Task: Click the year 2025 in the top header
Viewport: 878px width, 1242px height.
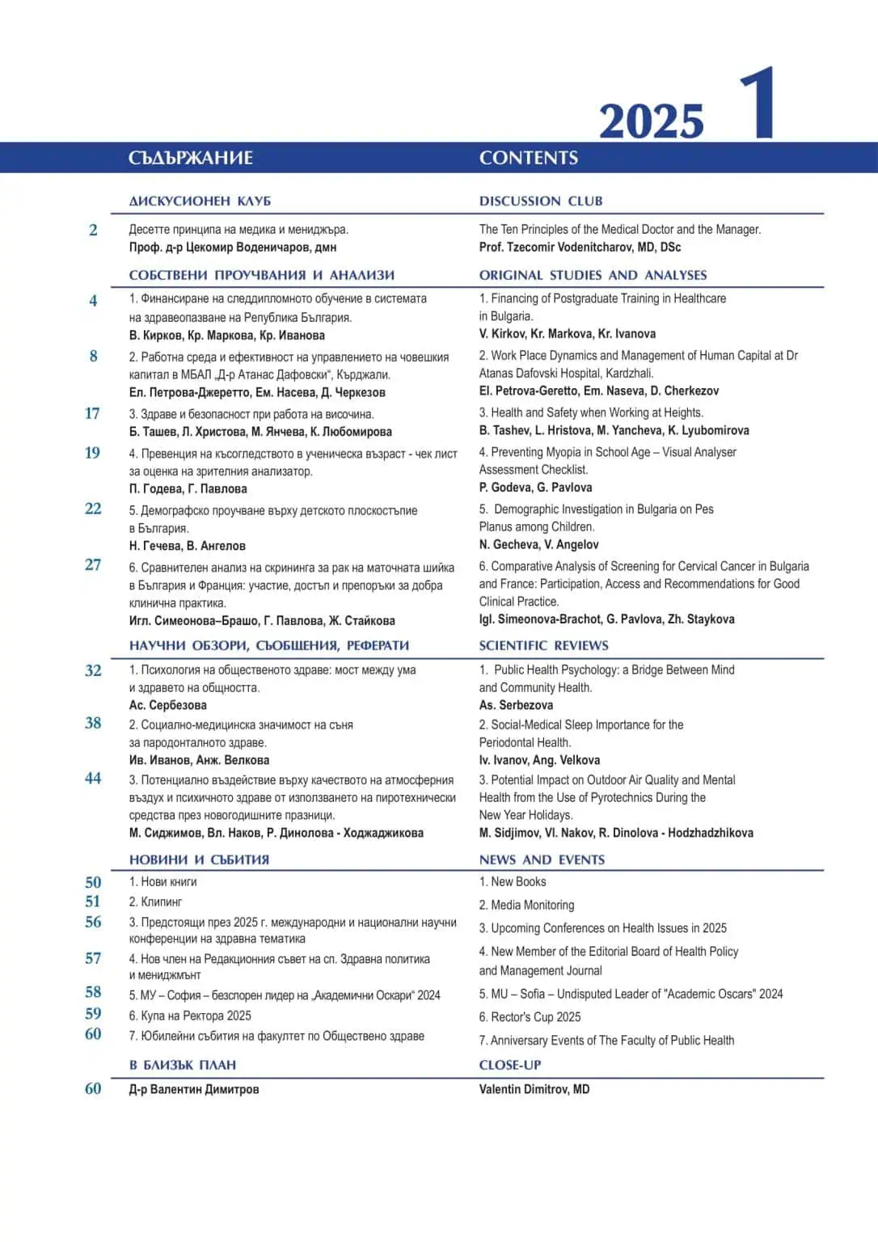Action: (651, 122)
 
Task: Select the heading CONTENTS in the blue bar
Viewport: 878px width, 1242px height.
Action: (529, 158)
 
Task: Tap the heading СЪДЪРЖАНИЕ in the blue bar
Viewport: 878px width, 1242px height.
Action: (191, 158)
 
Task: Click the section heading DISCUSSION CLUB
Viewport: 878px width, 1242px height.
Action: (541, 201)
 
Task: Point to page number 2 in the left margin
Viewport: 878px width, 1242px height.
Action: (93, 230)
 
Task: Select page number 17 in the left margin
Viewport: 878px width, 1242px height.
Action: (93, 413)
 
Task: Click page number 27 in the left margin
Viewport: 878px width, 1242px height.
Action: (93, 564)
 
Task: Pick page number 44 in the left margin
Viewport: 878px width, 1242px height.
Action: (93, 778)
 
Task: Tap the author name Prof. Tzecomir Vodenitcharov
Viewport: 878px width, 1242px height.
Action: (580, 247)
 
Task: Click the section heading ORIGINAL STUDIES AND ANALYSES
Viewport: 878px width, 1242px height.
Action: (593, 275)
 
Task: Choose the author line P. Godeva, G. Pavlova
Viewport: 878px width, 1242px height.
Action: (535, 488)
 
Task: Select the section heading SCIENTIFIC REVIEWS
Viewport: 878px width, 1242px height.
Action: (543, 645)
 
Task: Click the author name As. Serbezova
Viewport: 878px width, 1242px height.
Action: (516, 705)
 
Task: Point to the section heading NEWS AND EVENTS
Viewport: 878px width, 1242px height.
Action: (542, 860)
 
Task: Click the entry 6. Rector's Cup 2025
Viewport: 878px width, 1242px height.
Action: (530, 1017)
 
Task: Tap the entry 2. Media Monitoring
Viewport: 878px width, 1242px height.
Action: (526, 905)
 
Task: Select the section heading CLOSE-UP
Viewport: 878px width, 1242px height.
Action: (510, 1065)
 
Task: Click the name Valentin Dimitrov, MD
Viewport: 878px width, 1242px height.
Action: (534, 1089)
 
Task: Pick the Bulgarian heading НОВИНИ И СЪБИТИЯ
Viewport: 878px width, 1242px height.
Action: (199, 860)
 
